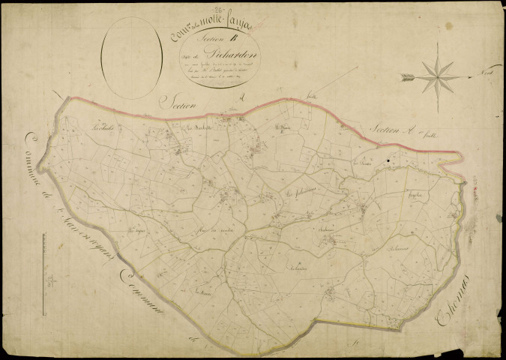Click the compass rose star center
(x=438, y=76)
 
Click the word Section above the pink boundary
(x=182, y=107)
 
